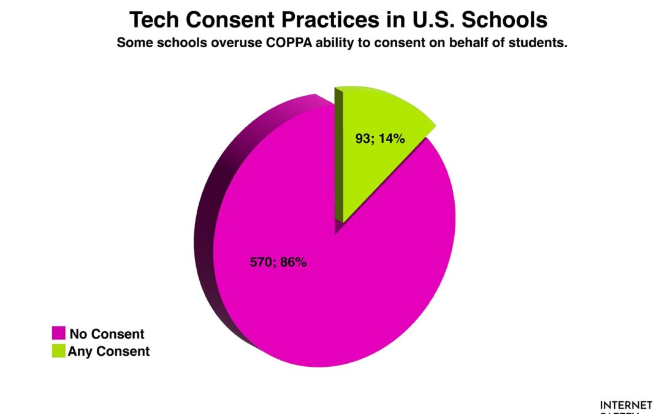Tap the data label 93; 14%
point(380,139)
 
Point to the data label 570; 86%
point(278,263)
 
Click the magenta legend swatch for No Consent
point(58,334)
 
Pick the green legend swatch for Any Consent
point(58,351)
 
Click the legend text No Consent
point(107,334)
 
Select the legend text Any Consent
point(108,351)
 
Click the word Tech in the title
point(154,20)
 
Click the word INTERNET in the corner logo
point(625,405)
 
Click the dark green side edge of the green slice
point(338,153)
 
